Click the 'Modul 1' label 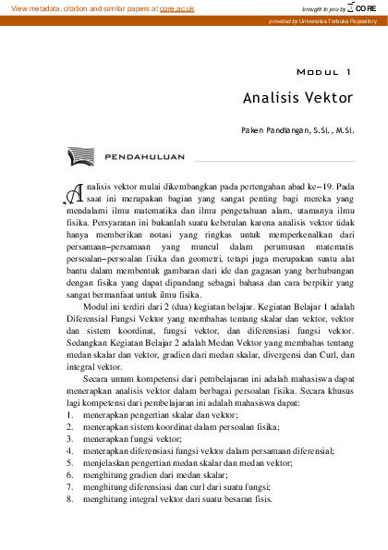tap(322, 70)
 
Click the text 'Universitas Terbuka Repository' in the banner tap(336, 19)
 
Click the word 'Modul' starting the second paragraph tap(99, 331)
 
